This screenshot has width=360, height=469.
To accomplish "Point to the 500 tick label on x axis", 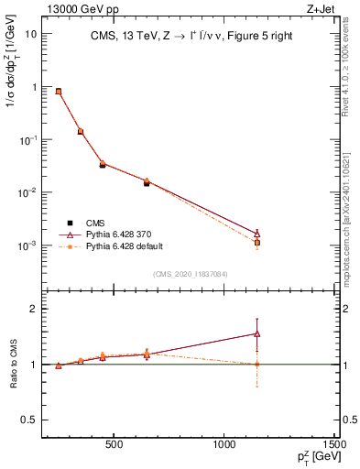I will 115,444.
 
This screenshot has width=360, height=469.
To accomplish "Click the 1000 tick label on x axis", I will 225,444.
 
